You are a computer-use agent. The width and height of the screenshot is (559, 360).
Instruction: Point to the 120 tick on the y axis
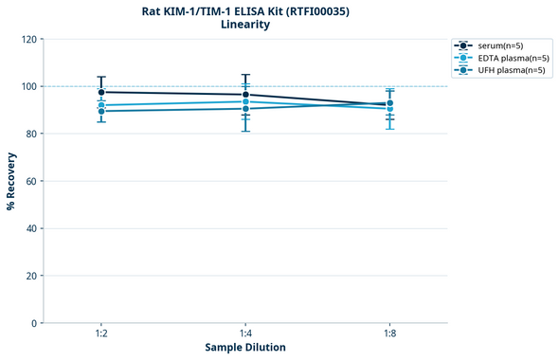pos(28,39)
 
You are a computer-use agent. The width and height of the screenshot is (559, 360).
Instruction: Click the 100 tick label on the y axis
pos(28,86)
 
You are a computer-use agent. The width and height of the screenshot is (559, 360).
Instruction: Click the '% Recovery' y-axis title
pos(11,181)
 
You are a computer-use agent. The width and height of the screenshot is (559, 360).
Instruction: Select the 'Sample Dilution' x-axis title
pos(245,348)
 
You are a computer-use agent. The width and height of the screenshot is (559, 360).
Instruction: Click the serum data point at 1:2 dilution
pos(101,92)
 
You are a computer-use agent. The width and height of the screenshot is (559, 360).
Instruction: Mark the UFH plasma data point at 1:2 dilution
pos(101,112)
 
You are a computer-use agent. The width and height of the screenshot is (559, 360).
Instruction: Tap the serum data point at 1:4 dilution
pos(245,95)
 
